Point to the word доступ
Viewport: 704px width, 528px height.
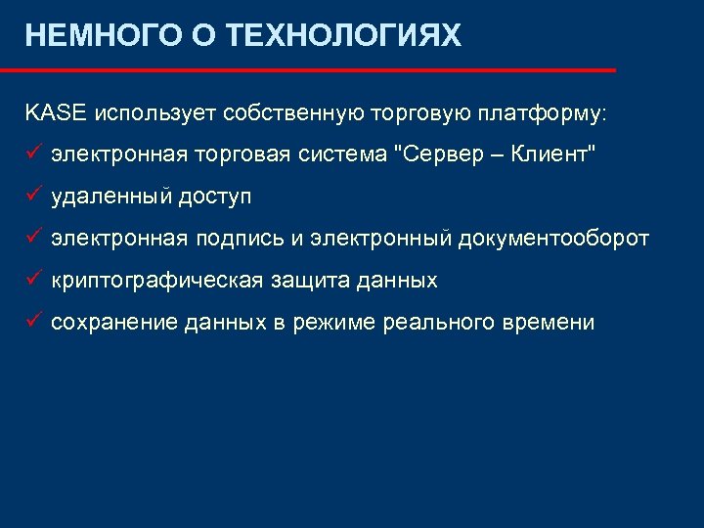pyautogui.click(x=214, y=197)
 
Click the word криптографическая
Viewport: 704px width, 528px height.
pyautogui.click(x=157, y=281)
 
